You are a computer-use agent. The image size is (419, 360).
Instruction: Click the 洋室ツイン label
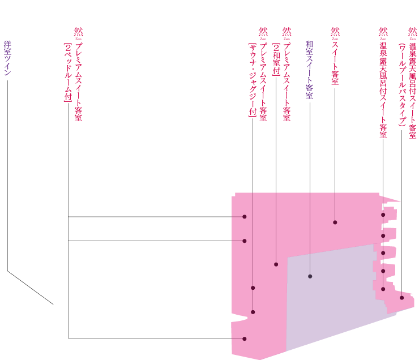tap(7, 58)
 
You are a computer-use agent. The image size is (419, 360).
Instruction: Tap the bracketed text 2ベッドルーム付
tap(68, 72)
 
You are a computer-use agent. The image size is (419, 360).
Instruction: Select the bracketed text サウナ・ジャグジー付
tap(253, 80)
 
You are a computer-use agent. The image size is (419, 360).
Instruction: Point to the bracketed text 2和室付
tap(276, 59)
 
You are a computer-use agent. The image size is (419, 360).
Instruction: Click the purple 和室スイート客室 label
tap(310, 70)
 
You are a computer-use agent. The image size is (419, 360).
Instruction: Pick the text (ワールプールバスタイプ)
tap(401, 85)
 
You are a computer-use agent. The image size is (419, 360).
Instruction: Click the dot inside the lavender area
tap(310, 276)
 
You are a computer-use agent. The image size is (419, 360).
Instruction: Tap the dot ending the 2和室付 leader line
tap(276, 264)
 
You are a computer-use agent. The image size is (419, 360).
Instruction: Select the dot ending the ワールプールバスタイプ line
tap(402, 298)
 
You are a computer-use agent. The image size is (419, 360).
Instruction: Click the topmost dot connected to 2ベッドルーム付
tap(245, 217)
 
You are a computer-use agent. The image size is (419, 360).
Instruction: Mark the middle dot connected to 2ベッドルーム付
tap(245, 241)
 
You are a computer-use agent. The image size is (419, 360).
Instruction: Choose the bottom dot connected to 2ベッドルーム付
tap(245, 339)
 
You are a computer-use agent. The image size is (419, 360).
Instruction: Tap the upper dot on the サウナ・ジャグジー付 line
tap(253, 288)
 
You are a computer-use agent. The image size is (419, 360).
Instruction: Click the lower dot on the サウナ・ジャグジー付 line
tap(253, 312)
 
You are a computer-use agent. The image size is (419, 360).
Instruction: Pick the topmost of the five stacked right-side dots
tap(383, 215)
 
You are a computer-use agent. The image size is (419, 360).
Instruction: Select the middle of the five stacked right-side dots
tap(383, 253)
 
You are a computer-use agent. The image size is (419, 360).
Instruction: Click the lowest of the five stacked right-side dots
tap(383, 289)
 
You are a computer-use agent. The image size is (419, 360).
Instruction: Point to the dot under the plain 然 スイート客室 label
tap(335, 222)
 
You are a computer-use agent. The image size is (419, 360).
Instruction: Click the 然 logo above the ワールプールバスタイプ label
tap(412, 33)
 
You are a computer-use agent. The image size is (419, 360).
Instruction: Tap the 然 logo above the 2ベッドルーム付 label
tap(78, 33)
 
